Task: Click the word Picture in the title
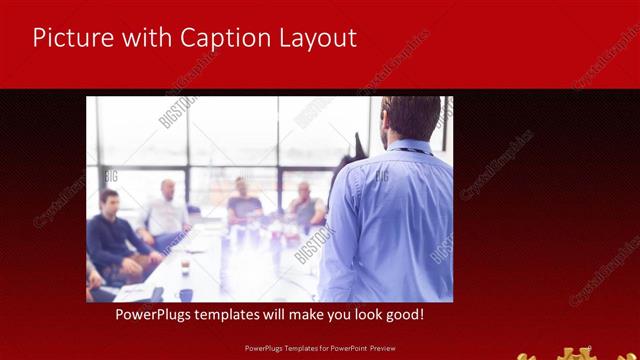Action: click(73, 38)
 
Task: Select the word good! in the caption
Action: click(402, 315)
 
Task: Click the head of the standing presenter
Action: click(411, 117)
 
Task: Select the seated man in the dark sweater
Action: click(112, 235)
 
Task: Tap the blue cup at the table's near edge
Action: click(186, 295)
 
